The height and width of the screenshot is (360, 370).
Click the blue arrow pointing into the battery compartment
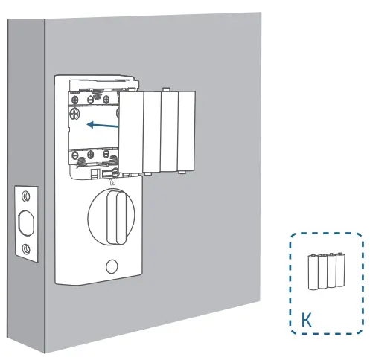tap(103, 124)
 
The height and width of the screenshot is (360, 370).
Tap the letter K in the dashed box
tap(305, 321)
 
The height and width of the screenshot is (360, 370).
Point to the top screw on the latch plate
tap(27, 196)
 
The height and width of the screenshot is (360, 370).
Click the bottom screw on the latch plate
tap(27, 249)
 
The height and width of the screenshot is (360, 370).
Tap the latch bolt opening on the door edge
tap(27, 222)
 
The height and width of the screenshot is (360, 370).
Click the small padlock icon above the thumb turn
tap(112, 181)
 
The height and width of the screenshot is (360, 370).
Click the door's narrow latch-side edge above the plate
tap(28, 112)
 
